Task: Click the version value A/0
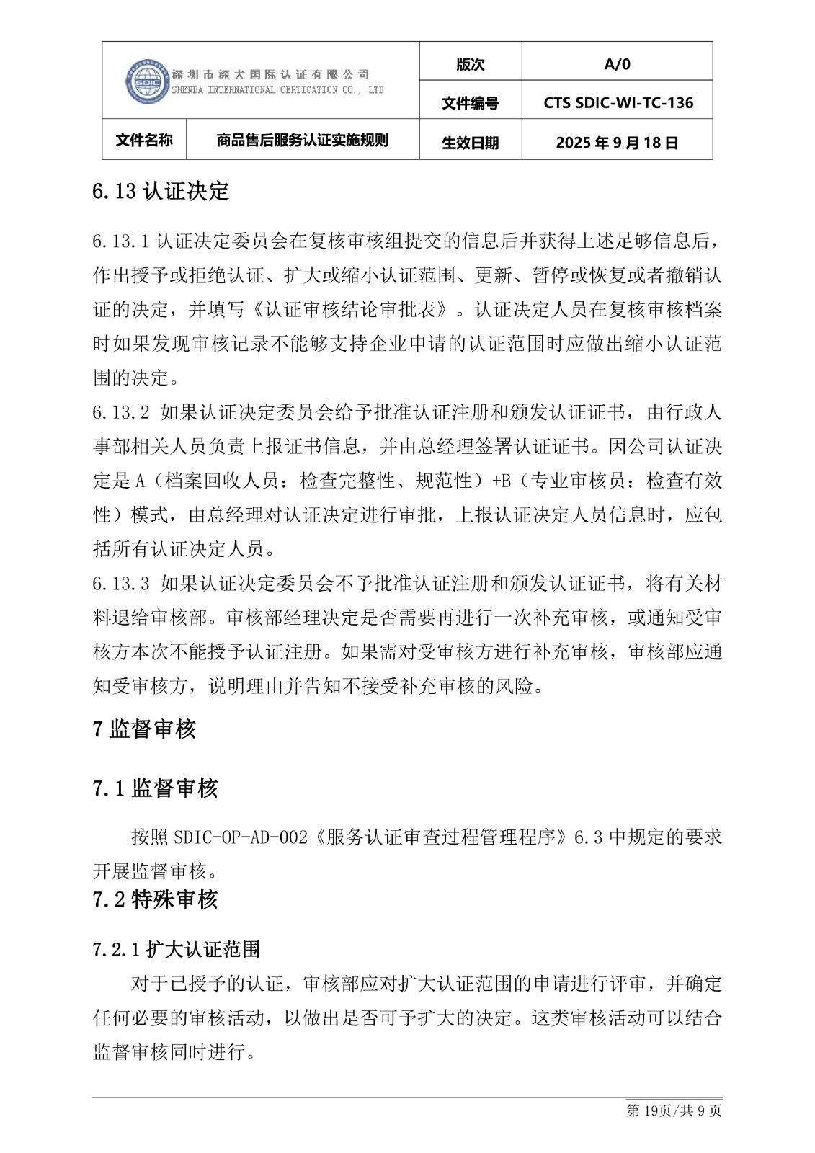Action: pos(617,65)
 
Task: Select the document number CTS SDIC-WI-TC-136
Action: pos(618,103)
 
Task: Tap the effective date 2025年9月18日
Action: pos(617,143)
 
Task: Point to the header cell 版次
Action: pos(470,65)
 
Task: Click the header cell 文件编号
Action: pos(470,104)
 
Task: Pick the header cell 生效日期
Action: pos(470,143)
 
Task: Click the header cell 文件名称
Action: pos(144,140)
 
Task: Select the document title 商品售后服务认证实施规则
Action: pos(302,140)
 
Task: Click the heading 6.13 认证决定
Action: pos(161,192)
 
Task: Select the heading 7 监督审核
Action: pos(144,729)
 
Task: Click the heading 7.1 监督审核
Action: pos(155,788)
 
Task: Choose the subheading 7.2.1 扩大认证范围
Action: pos(176,949)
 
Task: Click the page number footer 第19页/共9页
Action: pos(674,1110)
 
